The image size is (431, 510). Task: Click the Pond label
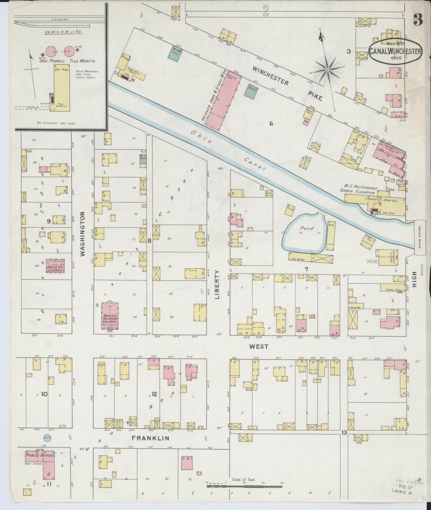click(307, 228)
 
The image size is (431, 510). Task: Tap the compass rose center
click(327, 70)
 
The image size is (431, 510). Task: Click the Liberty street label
click(217, 285)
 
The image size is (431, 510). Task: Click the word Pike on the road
click(315, 96)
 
